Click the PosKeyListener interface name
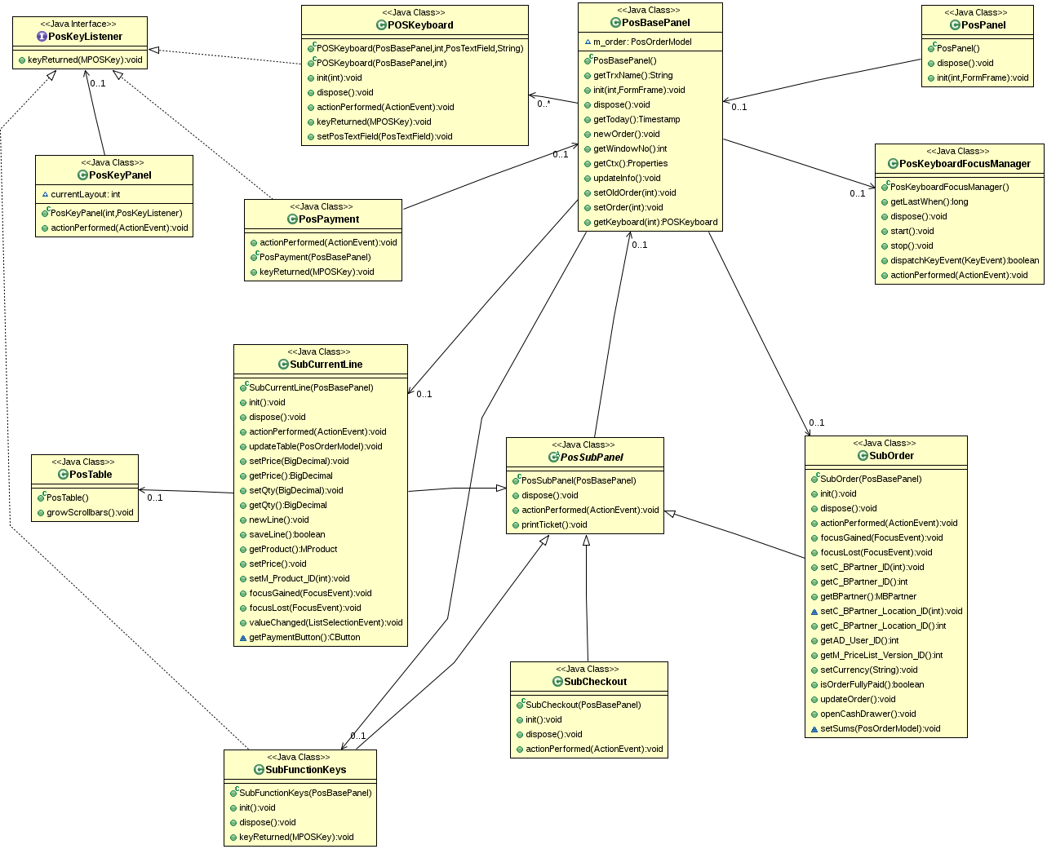tap(85, 37)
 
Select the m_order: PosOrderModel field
tap(642, 42)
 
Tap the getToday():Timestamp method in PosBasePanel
tap(637, 119)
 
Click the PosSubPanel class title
tap(592, 457)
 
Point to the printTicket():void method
tap(554, 524)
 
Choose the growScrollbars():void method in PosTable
tap(90, 512)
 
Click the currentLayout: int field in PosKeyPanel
tap(86, 194)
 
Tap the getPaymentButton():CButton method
tap(304, 637)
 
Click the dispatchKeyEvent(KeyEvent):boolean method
tap(965, 260)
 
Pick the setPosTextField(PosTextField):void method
tap(384, 136)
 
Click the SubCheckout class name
tap(595, 682)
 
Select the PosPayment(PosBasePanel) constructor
tap(315, 257)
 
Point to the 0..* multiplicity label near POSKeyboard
tap(543, 104)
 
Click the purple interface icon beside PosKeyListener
tap(42, 37)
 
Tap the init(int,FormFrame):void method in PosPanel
tap(982, 77)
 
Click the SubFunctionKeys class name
tap(306, 769)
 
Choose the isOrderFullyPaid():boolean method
tap(872, 684)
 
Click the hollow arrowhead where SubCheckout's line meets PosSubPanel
tap(586, 541)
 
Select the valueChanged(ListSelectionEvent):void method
tap(326, 622)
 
